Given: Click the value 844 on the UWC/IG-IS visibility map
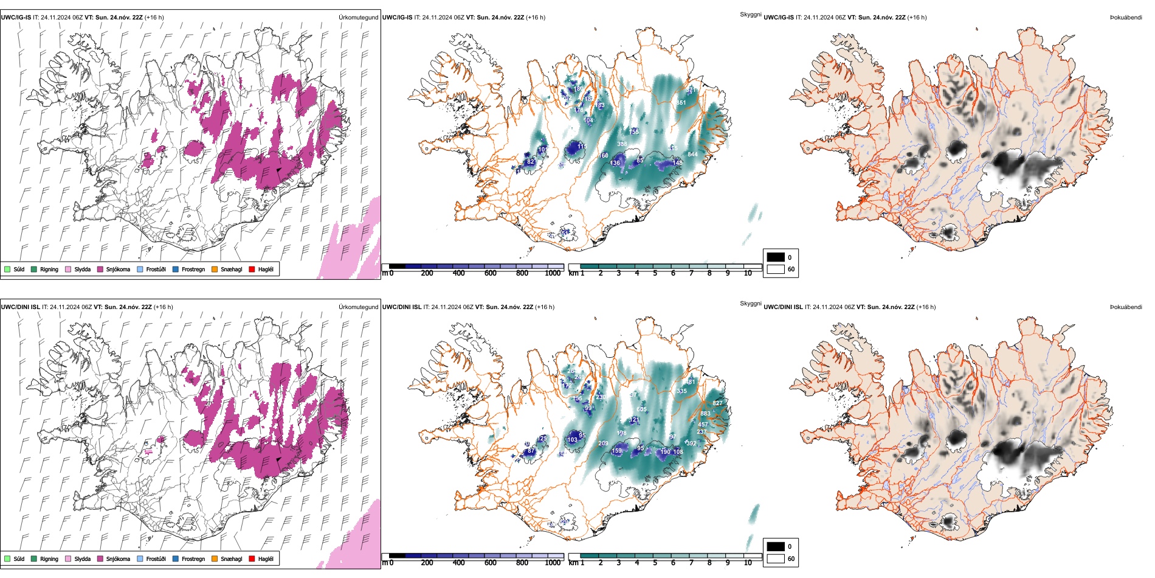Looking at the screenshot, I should (692, 155).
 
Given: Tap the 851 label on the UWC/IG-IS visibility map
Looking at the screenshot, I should (681, 103).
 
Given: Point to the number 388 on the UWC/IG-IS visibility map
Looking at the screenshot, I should (622, 144).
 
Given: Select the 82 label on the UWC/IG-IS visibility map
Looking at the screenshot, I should (531, 162).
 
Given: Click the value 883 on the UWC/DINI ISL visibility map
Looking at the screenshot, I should (705, 414).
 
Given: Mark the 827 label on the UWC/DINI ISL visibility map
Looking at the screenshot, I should (717, 403).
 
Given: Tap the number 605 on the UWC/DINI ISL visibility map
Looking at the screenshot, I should (641, 409).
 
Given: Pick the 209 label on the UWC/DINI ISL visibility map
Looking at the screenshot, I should (603, 444).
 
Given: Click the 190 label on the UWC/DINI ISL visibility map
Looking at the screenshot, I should (665, 451).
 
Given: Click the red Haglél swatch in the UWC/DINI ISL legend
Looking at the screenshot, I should (252, 559).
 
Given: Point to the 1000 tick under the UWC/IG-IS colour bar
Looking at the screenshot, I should (553, 273).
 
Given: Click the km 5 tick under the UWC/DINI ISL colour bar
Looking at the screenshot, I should (655, 563).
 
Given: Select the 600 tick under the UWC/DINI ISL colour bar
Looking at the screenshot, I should (490, 563).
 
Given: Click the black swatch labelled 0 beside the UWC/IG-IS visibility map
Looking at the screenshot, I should (776, 257).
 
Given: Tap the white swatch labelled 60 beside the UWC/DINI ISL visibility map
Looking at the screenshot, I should (776, 559).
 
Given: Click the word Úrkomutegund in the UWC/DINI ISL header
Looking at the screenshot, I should (358, 307).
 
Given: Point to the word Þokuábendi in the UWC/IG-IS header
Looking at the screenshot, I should (1126, 18).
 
